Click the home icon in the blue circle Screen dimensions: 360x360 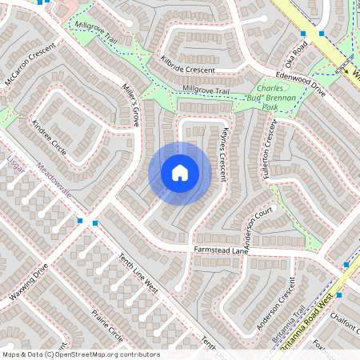(x=180, y=173)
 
